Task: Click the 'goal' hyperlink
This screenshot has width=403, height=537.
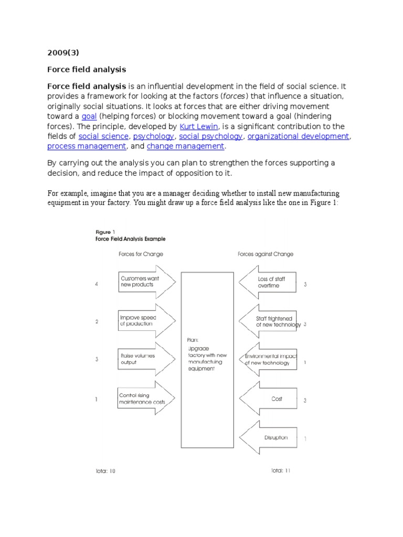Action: (x=89, y=116)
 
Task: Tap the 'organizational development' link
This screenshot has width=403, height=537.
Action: (x=298, y=136)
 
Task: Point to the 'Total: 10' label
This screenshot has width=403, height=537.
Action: (x=105, y=471)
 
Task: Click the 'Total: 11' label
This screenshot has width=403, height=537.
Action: (x=280, y=470)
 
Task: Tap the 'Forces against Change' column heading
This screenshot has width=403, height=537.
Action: (x=266, y=254)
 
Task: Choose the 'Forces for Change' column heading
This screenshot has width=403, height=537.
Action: (x=141, y=254)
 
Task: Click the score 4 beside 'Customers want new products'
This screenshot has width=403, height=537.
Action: (x=97, y=284)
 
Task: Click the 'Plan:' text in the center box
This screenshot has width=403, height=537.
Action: (x=193, y=340)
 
